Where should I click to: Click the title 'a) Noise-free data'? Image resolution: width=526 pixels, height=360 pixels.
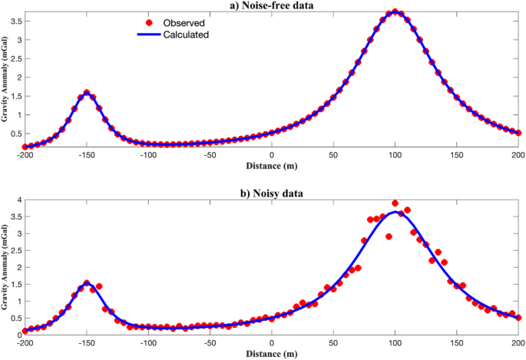(271, 5)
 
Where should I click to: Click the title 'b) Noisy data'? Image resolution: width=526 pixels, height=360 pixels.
(271, 193)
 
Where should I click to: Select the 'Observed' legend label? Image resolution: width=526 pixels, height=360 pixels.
(182, 22)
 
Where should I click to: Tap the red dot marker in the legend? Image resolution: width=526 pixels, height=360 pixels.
(151, 22)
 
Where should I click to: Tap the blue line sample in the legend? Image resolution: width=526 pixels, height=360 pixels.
(151, 35)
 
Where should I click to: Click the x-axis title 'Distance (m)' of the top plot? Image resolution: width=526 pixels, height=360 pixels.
(272, 165)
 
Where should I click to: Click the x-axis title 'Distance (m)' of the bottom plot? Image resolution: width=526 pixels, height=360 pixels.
(272, 354)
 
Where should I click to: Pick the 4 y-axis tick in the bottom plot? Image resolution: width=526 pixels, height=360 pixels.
(18, 200)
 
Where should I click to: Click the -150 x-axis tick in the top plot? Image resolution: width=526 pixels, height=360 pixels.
(86, 155)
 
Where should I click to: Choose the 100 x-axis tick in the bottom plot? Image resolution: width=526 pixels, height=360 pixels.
(395, 343)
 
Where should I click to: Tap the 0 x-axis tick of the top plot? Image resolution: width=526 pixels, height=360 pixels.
(272, 155)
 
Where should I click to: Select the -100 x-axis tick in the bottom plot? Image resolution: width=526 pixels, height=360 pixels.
(147, 343)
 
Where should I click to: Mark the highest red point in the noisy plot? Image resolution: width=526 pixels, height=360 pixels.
(395, 203)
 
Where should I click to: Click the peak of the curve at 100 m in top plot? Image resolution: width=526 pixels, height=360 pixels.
(395, 12)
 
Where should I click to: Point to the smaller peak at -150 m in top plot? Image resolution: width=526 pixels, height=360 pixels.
(87, 93)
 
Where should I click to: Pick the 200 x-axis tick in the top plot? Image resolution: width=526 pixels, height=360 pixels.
(517, 155)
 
